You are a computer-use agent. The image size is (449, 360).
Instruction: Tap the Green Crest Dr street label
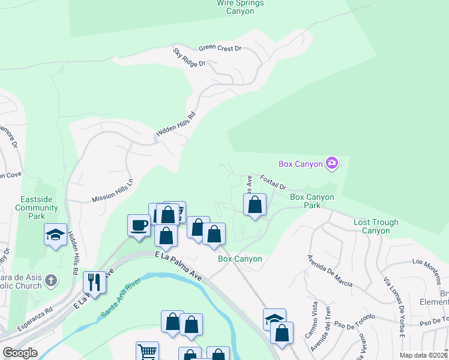click(220, 48)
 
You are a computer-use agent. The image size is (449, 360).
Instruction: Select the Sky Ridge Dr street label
click(189, 58)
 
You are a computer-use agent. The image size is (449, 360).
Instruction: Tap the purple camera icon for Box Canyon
click(331, 163)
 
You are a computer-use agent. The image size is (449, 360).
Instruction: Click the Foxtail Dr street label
click(274, 182)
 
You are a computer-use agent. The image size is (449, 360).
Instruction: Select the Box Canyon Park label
click(312, 201)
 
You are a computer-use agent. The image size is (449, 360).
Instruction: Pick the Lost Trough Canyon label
click(376, 226)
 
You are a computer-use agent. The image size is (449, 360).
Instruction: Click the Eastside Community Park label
click(37, 208)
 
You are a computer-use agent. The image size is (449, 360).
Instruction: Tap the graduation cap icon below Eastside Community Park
click(55, 233)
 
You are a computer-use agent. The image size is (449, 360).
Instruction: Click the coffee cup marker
click(139, 225)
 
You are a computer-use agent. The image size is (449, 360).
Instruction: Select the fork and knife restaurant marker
click(95, 281)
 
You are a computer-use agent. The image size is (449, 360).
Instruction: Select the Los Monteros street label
click(426, 262)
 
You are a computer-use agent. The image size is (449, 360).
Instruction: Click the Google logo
click(20, 353)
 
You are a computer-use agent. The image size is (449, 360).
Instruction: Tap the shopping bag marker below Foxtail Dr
click(255, 205)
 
